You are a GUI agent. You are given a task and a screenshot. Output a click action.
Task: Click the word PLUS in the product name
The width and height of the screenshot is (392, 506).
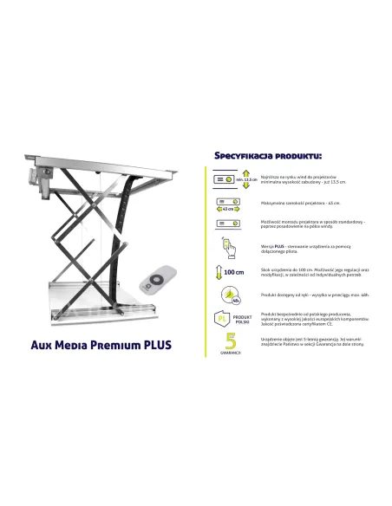pyautogui.click(x=154, y=344)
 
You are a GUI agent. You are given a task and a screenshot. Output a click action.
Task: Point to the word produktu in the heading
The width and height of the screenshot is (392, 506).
pyautogui.click(x=297, y=156)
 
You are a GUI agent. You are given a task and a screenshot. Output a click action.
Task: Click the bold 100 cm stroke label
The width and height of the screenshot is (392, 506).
pyautogui.click(x=233, y=272)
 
